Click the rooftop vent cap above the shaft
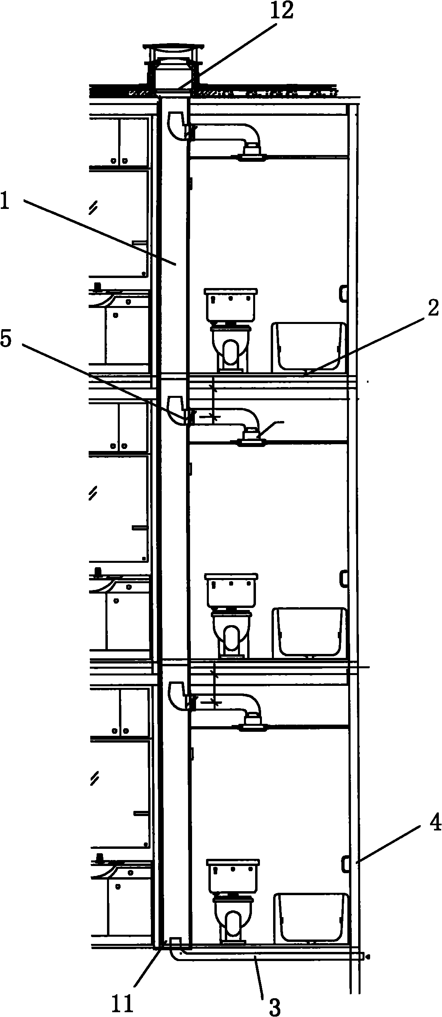[x=172, y=66]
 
